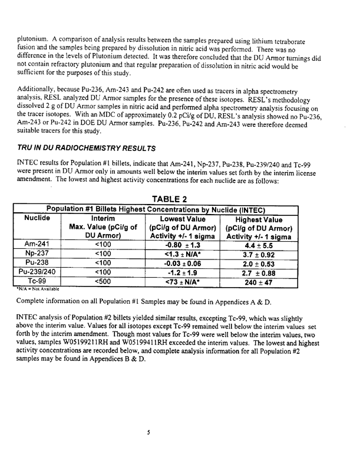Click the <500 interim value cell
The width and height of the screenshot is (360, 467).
111,290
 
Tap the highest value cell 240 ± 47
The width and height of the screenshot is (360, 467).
262,290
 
